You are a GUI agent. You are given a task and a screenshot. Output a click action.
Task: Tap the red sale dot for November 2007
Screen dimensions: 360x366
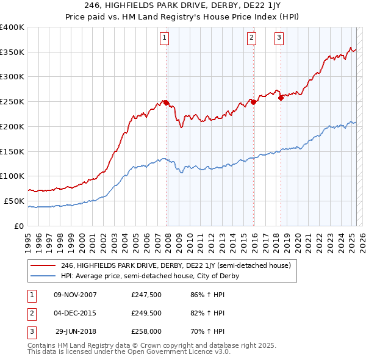166,103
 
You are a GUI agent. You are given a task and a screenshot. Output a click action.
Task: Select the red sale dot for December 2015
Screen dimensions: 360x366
253,102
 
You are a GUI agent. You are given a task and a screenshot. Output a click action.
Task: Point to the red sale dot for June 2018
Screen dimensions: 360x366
281,98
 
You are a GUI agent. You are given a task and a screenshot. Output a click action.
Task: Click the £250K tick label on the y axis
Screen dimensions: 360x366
12,102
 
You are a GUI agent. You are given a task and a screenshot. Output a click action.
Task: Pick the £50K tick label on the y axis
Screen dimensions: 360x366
15,201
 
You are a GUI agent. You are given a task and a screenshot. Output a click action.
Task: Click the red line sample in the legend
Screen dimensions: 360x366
43,265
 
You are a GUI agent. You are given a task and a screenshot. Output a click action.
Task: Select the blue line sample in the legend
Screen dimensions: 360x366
43,276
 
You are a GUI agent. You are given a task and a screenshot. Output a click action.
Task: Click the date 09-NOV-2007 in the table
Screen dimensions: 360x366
76,295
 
